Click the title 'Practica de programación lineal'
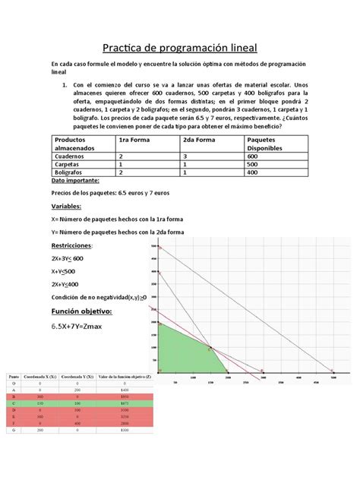coord(180,46)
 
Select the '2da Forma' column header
coord(200,141)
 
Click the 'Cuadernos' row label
coord(71,156)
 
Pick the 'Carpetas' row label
coord(68,164)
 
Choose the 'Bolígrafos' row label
coord(70,172)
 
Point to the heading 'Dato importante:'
coord(75,182)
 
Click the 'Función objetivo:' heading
coord(81,311)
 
